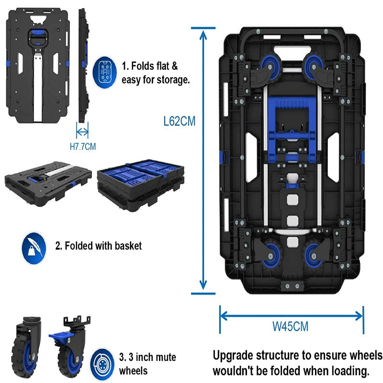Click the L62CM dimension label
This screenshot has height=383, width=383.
pos(179,121)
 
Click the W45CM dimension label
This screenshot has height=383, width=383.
pos(290,327)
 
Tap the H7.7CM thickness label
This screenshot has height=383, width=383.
pos(83,146)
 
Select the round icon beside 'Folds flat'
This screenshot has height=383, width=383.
pos(106,72)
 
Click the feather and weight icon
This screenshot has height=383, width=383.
pos(34,246)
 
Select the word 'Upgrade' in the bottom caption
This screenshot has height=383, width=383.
pos(233,356)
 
